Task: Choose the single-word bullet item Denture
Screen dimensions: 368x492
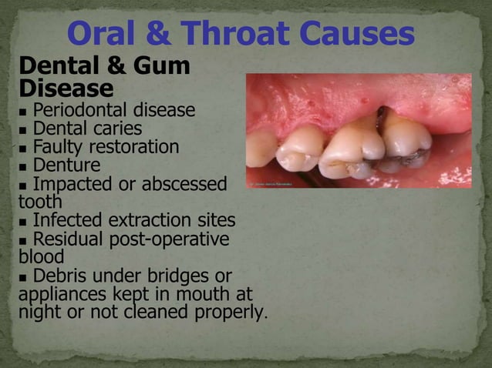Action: click(66, 166)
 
